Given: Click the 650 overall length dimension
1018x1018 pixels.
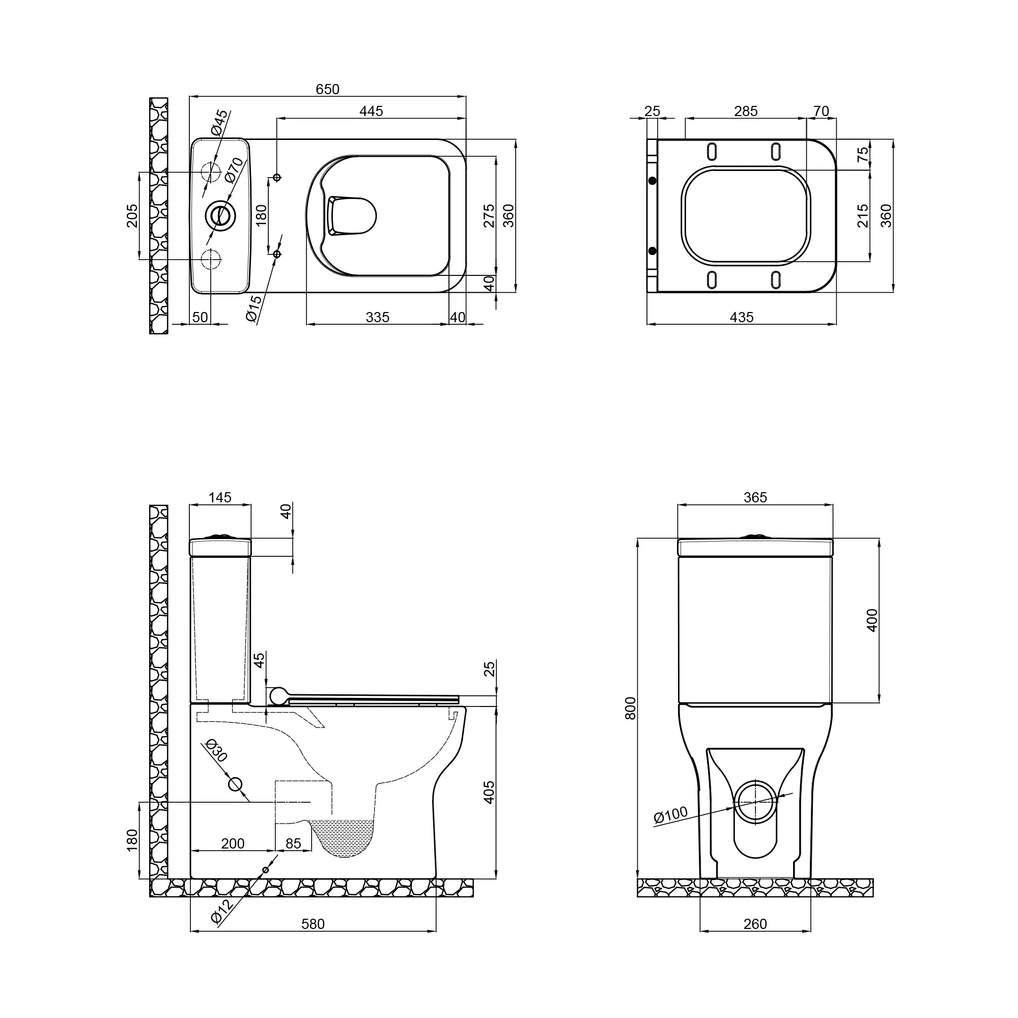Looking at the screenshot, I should (327, 90).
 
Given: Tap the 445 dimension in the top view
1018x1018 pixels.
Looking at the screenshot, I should (371, 111).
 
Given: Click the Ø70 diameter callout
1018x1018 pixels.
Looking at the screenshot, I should (235, 170).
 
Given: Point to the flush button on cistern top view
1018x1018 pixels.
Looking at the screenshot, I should (220, 215).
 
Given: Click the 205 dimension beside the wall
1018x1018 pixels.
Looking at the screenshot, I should (132, 215).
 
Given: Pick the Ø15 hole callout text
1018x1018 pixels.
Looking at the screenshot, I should (253, 308).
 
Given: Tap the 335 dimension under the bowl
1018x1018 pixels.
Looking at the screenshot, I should (377, 317).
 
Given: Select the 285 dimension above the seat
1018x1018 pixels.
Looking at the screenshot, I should (746, 111).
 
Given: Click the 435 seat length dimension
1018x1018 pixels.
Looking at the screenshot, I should (742, 317).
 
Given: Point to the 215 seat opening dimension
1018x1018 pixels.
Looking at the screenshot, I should (863, 215).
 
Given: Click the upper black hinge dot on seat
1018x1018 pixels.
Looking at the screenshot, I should (653, 181).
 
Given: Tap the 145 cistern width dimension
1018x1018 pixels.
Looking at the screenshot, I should (220, 497).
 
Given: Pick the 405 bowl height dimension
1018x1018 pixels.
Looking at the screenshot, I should (489, 793).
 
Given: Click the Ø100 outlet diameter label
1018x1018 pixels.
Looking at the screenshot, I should (671, 814).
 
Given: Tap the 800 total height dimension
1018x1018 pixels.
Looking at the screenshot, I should (631, 708).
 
